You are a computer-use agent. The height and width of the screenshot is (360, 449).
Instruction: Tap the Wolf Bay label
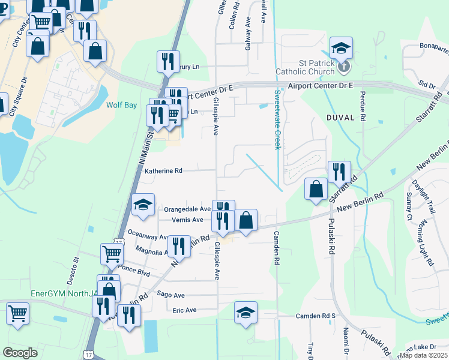pyautogui.click(x=122, y=105)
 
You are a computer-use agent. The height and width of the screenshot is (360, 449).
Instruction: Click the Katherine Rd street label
pyautogui.click(x=163, y=171)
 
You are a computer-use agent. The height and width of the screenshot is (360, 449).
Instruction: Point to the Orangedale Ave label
pyautogui.click(x=187, y=209)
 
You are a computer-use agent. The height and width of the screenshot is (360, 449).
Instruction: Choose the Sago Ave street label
pyautogui.click(x=170, y=295)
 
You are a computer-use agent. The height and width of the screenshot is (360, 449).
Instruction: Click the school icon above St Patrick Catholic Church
pyautogui.click(x=341, y=47)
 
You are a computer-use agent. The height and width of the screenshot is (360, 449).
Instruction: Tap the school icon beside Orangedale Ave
pyautogui.click(x=143, y=205)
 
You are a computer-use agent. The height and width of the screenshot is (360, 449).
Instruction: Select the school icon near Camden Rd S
pyautogui.click(x=246, y=313)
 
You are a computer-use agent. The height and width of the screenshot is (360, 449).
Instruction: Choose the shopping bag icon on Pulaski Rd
pyautogui.click(x=316, y=189)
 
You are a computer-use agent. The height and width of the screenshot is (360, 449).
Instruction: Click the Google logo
pyautogui.click(x=20, y=353)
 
